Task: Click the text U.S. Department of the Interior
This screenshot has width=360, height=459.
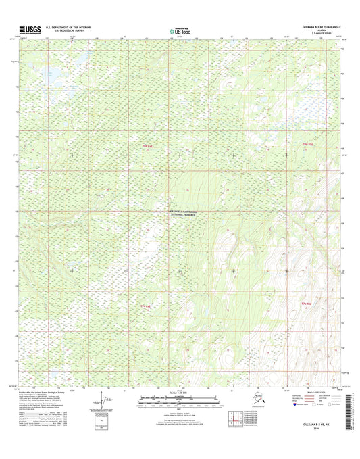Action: click(68, 28)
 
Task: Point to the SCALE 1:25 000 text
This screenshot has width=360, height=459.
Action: click(179, 392)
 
